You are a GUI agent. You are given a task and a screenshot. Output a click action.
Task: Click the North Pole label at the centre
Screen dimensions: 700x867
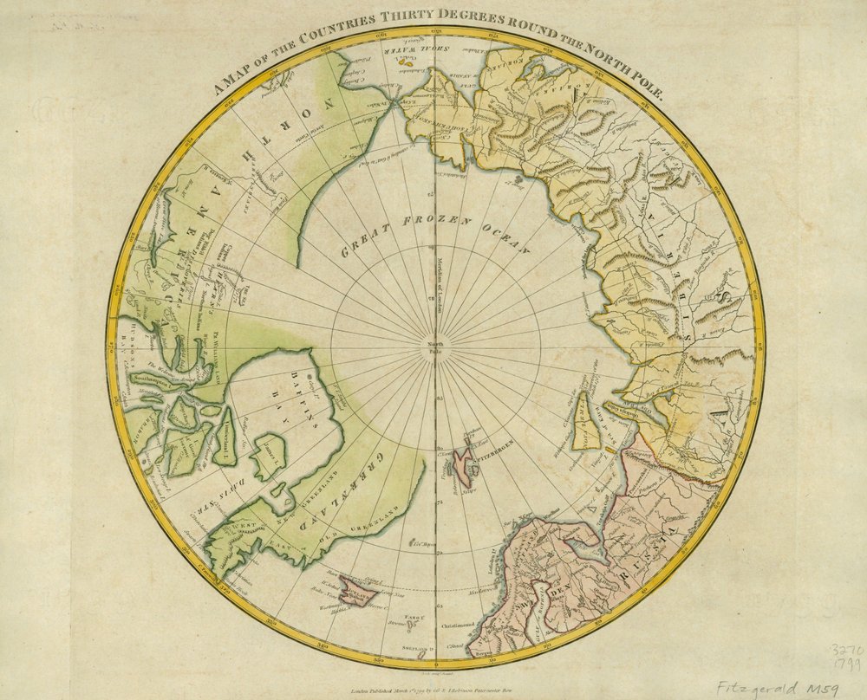434,351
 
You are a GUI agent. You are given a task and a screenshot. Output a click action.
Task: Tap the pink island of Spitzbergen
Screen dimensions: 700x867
469,461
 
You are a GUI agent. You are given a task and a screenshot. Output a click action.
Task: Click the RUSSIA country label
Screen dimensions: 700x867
669,528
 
